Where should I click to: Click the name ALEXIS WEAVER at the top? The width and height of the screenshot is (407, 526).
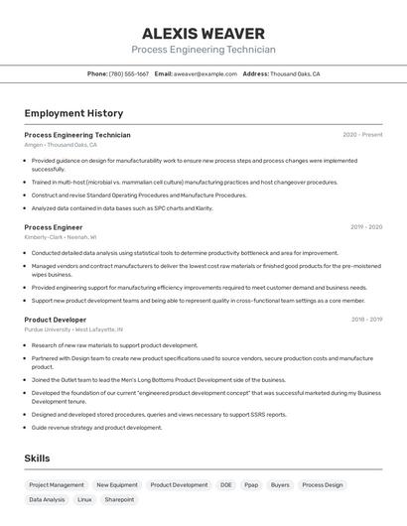pyautogui.click(x=203, y=33)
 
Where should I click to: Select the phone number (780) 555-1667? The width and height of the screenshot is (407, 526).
pyautogui.click(x=129, y=73)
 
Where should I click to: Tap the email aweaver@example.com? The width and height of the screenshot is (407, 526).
pyautogui.click(x=205, y=73)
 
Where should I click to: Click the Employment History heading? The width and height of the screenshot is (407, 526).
pyautogui.click(x=73, y=113)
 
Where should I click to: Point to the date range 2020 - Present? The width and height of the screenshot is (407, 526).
pyautogui.click(x=362, y=135)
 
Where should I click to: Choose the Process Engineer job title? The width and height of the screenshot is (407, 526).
pyautogui.click(x=54, y=227)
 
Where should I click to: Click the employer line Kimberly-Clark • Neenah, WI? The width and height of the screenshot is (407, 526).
pyautogui.click(x=61, y=237)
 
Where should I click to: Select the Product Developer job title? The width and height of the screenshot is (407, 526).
pyautogui.click(x=56, y=320)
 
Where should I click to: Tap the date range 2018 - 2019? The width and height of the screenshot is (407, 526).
pyautogui.click(x=366, y=320)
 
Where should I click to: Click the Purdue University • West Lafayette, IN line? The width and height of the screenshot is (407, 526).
pyautogui.click(x=73, y=329)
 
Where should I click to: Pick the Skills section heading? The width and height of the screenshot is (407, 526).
pyautogui.click(x=37, y=459)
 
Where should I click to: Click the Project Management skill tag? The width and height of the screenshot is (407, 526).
pyautogui.click(x=57, y=485)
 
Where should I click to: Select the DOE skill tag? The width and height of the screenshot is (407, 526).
pyautogui.click(x=226, y=485)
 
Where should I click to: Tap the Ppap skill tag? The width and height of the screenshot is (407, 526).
pyautogui.click(x=251, y=485)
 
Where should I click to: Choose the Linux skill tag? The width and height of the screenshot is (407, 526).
pyautogui.click(x=84, y=500)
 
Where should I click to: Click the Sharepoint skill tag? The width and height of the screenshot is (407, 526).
pyautogui.click(x=119, y=500)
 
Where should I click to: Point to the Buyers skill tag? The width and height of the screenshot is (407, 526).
pyautogui.click(x=280, y=485)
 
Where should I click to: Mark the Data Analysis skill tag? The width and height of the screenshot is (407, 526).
pyautogui.click(x=47, y=500)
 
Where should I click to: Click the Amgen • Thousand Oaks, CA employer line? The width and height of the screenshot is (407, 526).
pyautogui.click(x=61, y=145)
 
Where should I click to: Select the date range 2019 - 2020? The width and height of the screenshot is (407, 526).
pyautogui.click(x=366, y=227)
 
